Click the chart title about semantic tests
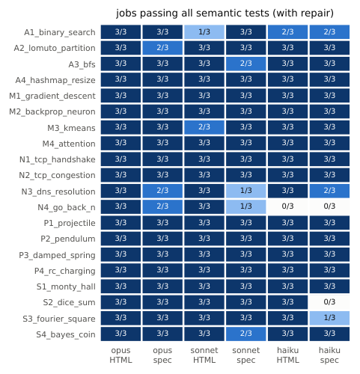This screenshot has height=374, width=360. (x=225, y=13)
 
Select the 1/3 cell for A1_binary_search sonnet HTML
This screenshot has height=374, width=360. (x=204, y=32)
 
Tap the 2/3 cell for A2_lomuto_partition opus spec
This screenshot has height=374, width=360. (x=162, y=48)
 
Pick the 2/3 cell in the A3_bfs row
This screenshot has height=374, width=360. (x=246, y=64)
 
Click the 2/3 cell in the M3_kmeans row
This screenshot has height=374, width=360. (x=204, y=127)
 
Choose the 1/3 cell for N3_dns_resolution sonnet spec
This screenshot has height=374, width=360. (x=246, y=191)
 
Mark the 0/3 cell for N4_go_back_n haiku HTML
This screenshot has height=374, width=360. (x=287, y=206)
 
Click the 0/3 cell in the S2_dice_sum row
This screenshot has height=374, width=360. (x=329, y=302)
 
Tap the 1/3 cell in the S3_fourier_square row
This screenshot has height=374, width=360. (x=329, y=318)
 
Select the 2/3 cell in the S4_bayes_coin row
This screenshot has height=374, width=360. (x=246, y=334)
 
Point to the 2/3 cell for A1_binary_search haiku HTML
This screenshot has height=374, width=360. (x=287, y=32)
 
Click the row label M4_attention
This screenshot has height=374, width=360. (x=69, y=144)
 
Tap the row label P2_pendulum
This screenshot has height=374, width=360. (x=68, y=239)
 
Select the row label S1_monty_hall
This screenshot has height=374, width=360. (x=66, y=286)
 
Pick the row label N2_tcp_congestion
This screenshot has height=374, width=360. (x=57, y=176)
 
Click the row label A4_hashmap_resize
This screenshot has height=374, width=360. (x=55, y=80)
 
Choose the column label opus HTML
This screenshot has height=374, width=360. (x=120, y=355)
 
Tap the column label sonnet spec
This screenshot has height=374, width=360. (x=246, y=355)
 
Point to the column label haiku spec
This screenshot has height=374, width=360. (x=329, y=355)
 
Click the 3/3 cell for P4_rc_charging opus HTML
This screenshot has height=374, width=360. (x=120, y=270)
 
